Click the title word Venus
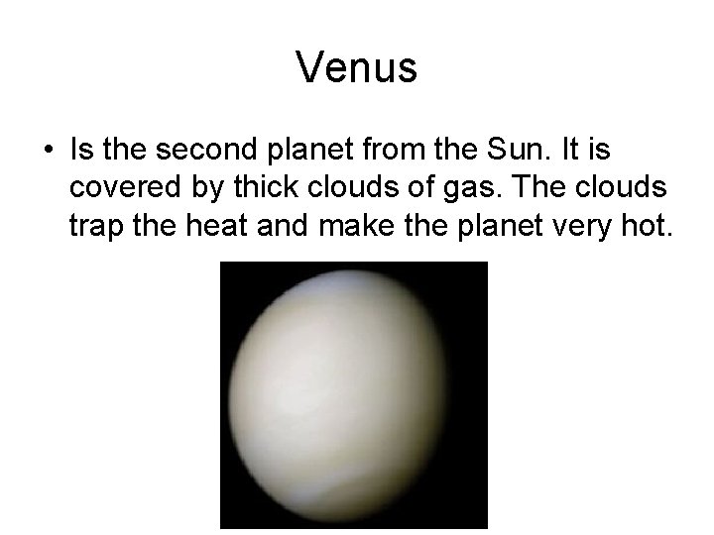coord(357,67)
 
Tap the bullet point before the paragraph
coord(48,153)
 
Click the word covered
coord(117,190)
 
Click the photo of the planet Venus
coord(353,394)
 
